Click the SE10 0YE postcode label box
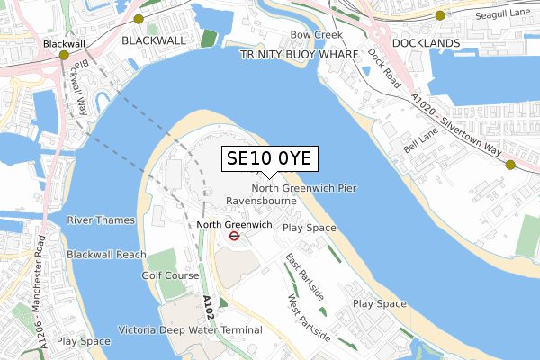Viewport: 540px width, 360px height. click(268, 158)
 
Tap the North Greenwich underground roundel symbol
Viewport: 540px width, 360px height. click(232, 237)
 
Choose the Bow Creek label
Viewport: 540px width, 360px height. click(309, 35)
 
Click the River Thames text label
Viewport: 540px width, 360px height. click(101, 220)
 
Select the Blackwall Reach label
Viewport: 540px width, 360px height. click(106, 255)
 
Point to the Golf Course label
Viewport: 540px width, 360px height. click(169, 274)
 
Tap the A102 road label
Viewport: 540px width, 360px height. click(208, 310)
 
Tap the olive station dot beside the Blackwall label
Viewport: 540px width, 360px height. click(64, 56)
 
